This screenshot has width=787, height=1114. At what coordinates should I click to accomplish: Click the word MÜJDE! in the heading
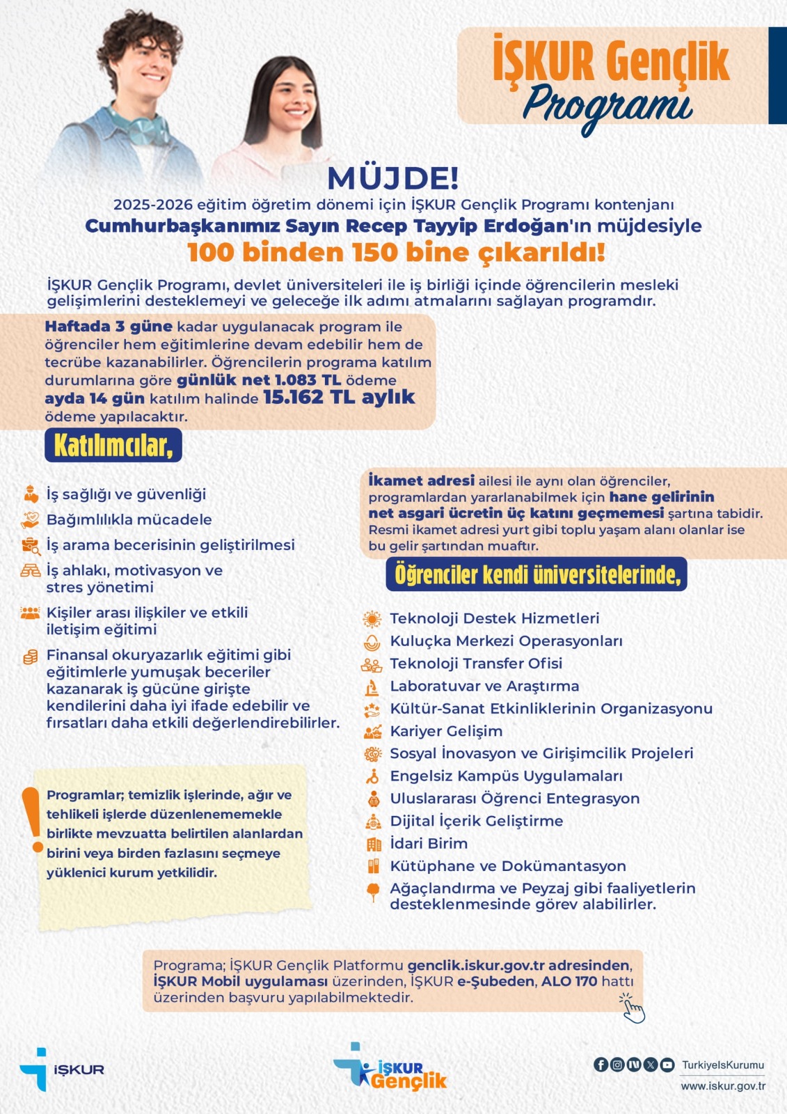[x=393, y=178]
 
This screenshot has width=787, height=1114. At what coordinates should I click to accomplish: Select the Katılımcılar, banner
[x=113, y=446]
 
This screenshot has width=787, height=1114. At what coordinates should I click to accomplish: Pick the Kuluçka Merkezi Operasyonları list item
[x=506, y=641]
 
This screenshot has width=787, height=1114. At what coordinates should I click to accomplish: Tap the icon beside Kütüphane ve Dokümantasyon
[x=374, y=866]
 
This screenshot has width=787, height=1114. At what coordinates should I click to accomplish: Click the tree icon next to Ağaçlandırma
[x=373, y=891]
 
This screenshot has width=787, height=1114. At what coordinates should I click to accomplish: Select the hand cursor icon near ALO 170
[x=632, y=1008]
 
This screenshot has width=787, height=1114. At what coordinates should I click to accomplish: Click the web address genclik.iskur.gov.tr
[x=476, y=966]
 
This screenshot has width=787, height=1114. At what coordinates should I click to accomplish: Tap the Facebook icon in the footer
[x=601, y=1065]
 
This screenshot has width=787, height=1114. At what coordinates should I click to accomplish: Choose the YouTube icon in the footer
[x=667, y=1065]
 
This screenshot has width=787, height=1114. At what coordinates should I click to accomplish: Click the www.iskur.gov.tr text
[x=723, y=1086]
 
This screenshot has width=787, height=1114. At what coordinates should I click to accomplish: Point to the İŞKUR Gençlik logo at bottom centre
[x=391, y=1068]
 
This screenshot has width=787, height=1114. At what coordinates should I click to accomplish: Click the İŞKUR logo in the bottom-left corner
[x=62, y=1069]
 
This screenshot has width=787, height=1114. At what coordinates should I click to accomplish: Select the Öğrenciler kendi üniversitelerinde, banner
[x=536, y=574]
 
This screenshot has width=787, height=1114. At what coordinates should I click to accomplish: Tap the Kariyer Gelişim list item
[x=446, y=731]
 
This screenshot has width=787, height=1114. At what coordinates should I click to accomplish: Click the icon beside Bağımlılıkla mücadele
[x=30, y=519]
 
